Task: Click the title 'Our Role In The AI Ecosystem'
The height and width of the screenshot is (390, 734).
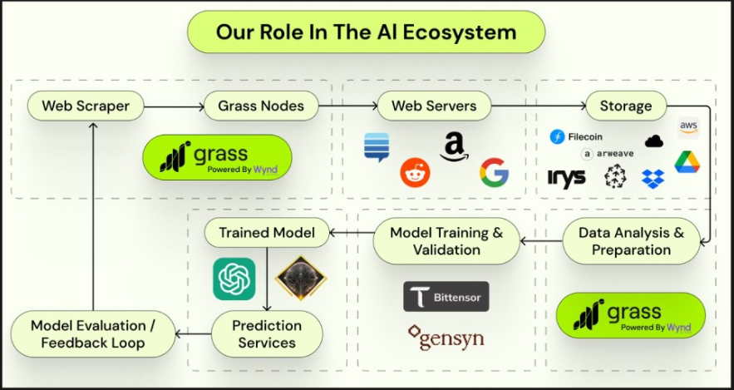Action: (367, 32)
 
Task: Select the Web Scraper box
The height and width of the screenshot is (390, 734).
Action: (85, 106)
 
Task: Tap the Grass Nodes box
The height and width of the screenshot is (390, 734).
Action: (261, 106)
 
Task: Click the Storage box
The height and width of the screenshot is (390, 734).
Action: (625, 106)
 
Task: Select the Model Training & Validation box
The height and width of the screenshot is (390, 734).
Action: (446, 240)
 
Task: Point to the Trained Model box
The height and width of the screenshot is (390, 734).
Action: (267, 233)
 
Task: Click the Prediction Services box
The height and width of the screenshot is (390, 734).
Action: (267, 333)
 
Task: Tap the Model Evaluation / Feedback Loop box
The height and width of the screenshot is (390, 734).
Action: (92, 333)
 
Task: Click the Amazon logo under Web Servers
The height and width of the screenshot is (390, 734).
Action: (453, 146)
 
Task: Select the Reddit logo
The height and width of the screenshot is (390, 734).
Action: (416, 172)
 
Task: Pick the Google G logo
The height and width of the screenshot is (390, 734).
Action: (494, 172)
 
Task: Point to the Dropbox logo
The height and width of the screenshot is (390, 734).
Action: (653, 177)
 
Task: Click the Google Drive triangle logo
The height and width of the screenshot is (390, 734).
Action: (687, 162)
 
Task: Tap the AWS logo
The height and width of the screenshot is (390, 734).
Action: (689, 127)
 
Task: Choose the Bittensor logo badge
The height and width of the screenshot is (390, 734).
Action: (446, 297)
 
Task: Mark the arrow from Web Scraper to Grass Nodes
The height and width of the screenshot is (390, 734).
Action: (173, 106)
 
